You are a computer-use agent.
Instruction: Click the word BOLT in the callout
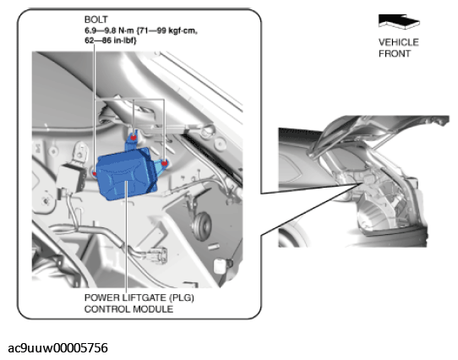(96, 19)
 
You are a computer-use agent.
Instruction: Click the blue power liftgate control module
(126, 174)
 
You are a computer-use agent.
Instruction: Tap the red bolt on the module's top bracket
(134, 138)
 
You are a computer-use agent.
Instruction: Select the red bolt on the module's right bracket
(165, 163)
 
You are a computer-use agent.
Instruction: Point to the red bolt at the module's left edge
(95, 174)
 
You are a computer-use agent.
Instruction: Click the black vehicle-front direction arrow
(399, 22)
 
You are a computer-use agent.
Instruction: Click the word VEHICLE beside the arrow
(399, 42)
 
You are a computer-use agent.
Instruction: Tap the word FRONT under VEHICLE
(395, 54)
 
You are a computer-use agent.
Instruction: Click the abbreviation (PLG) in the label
(182, 297)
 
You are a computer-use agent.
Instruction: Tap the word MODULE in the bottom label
(153, 309)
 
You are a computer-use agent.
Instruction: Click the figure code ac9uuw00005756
(57, 348)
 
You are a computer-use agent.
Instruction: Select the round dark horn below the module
(201, 225)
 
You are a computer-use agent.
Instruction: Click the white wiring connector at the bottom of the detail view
(158, 254)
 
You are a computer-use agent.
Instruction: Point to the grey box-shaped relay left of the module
(71, 177)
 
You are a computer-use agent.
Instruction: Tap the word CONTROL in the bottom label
(107, 309)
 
